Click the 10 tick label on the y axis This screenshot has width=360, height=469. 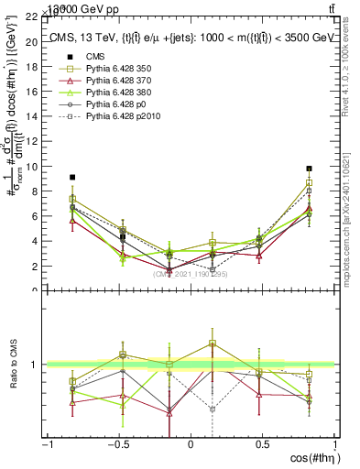31,167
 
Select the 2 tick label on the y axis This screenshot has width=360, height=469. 34,267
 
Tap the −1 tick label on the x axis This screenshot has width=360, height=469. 47,444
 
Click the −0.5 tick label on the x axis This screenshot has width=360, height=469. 117,444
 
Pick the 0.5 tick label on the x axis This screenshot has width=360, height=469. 262,444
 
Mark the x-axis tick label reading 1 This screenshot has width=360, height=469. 333,444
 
